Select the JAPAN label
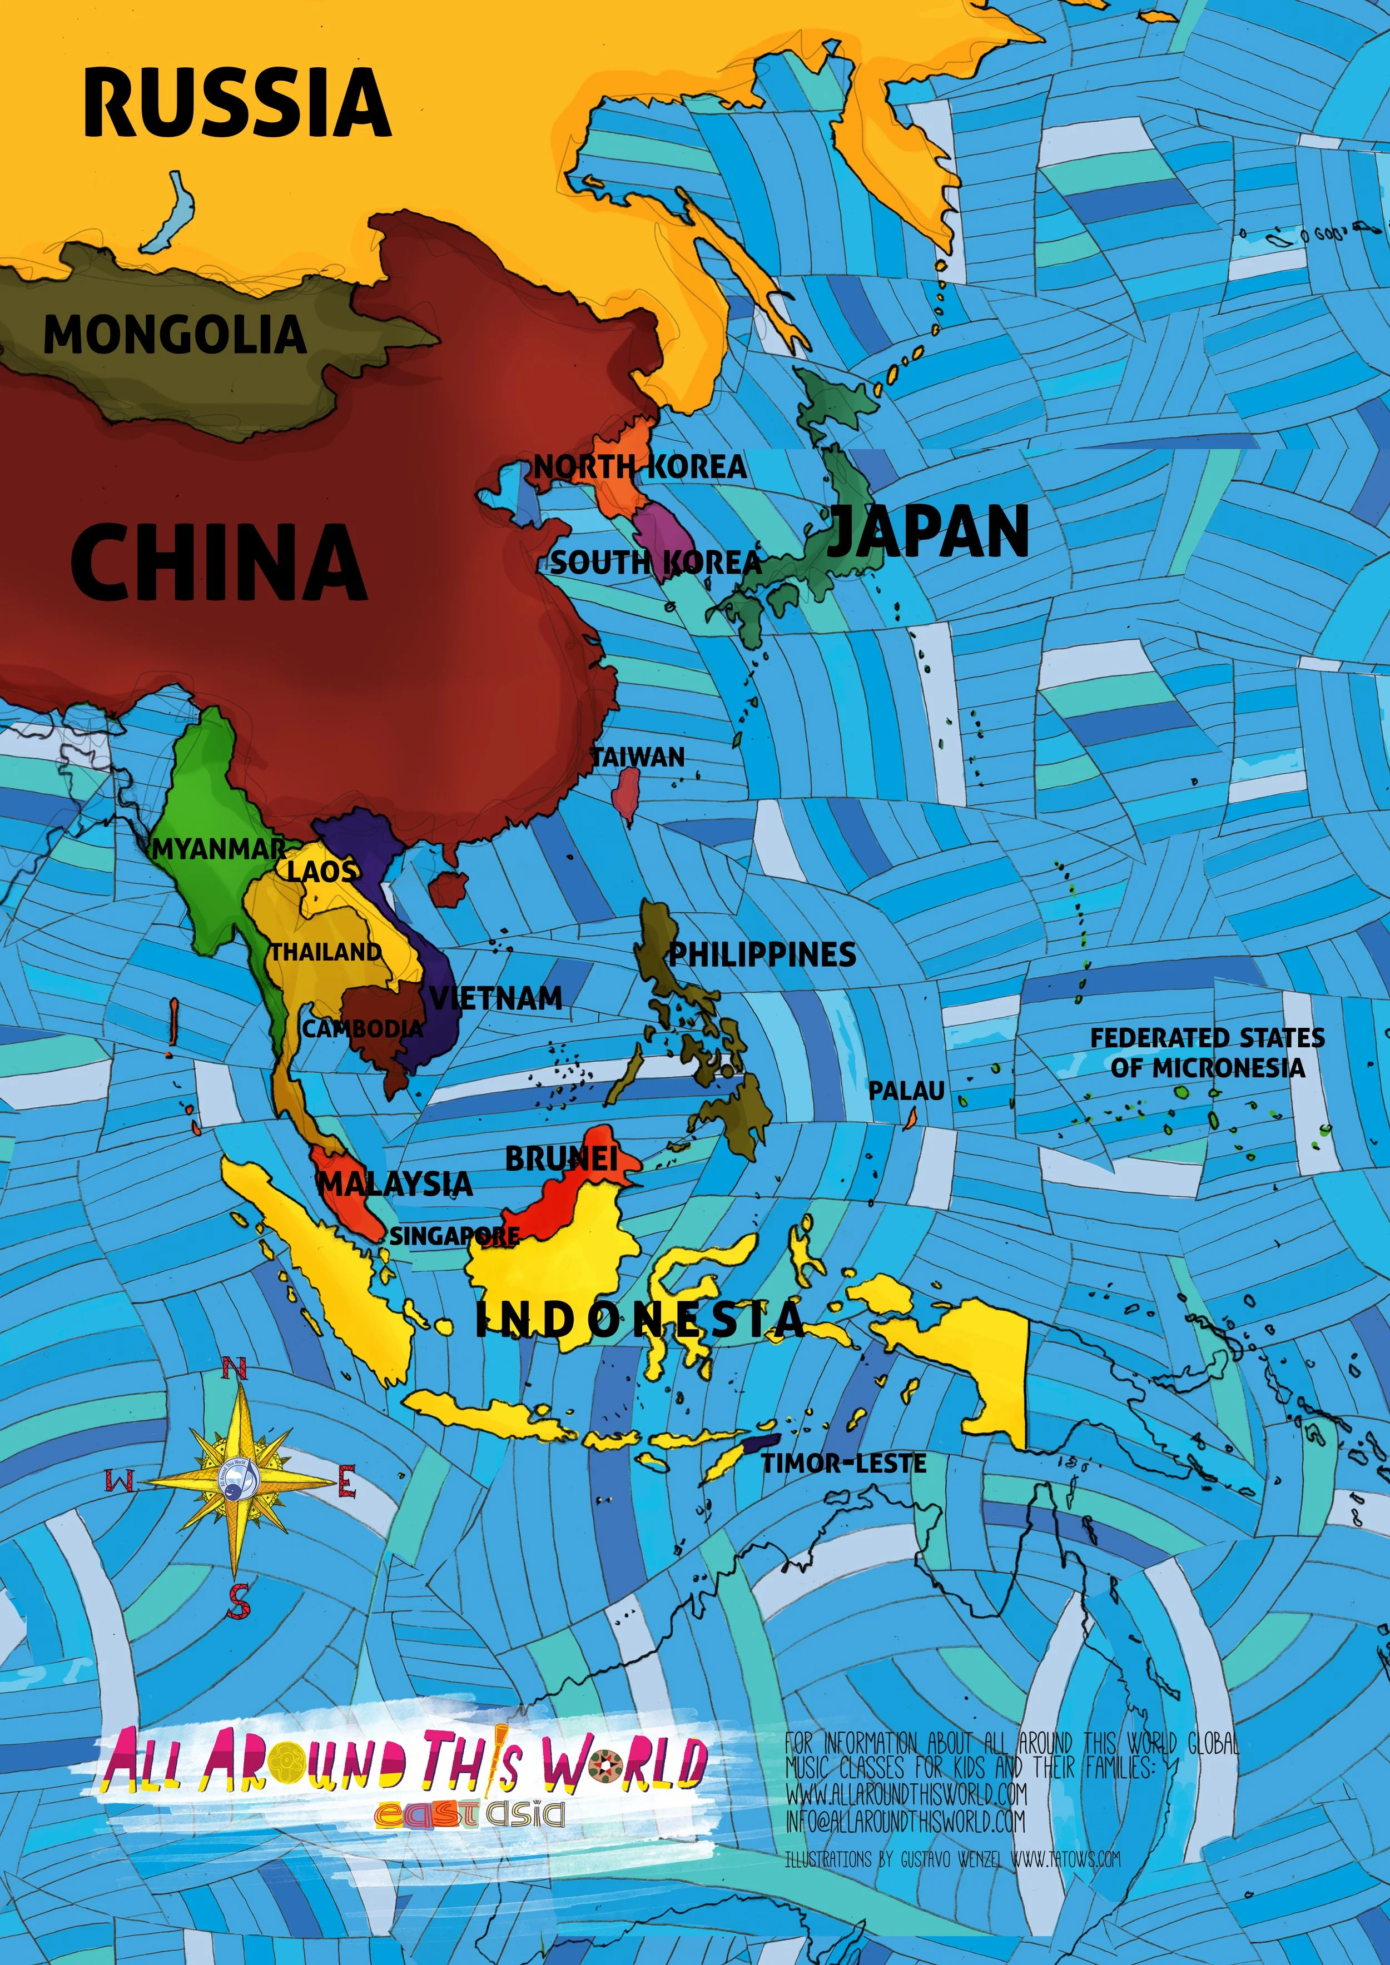[x=929, y=531]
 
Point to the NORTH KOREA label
[x=640, y=467]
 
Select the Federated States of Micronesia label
[x=1207, y=1053]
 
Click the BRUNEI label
[x=560, y=1159]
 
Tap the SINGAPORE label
[x=454, y=1236]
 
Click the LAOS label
[x=321, y=871]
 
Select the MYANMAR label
[x=219, y=849]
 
